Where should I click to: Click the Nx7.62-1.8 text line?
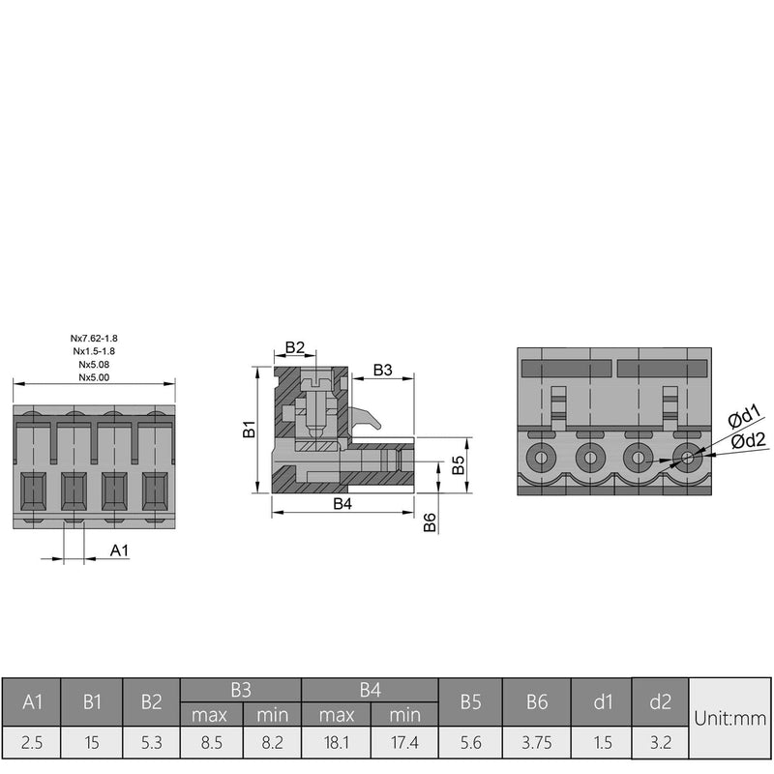coord(94,338)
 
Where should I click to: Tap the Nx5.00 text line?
coord(94,377)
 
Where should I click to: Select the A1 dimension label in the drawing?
coord(119,550)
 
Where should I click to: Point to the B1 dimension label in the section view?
coord(250,429)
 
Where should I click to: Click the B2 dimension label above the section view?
coord(295,347)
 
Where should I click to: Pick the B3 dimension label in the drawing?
coord(382,370)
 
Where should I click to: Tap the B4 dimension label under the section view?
coord(342,503)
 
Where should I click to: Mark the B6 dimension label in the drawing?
coord(430,522)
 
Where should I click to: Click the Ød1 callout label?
coord(744,416)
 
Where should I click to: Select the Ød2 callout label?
coord(748,440)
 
